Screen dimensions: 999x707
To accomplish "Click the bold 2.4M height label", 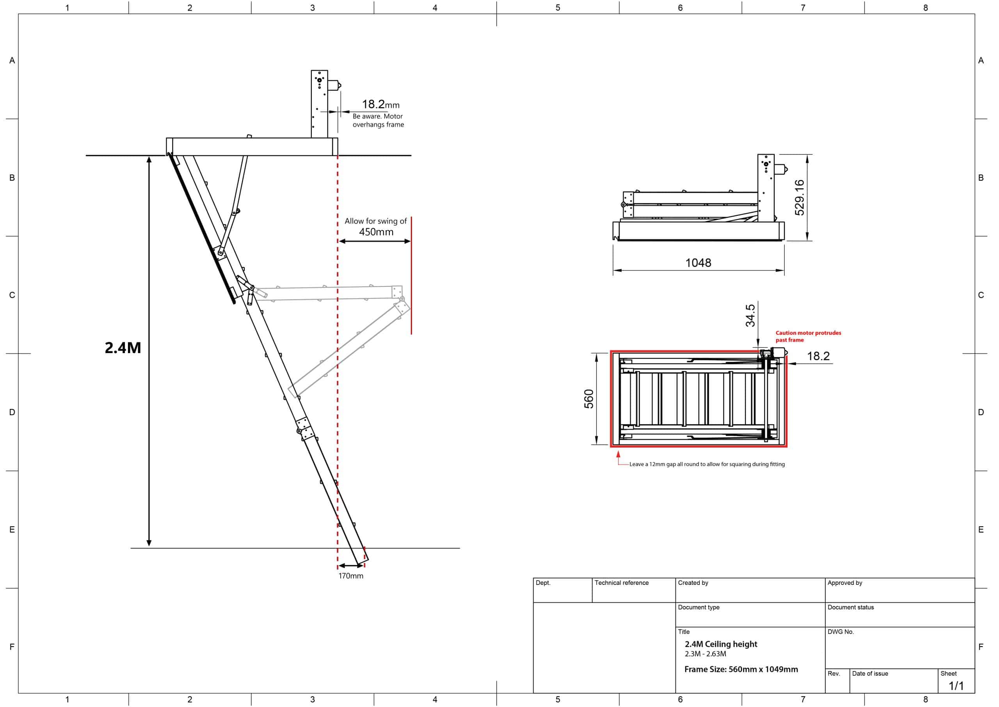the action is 123,348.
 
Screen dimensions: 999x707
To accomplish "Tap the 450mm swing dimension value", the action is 376,232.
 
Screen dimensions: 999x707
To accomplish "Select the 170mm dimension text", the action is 351,576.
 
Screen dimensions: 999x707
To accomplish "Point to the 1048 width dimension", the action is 698,263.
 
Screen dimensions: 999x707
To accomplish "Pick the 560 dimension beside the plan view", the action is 588,399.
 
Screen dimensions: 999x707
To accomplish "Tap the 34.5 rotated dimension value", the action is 750,316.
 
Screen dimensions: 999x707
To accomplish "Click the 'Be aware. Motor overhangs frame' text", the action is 378,121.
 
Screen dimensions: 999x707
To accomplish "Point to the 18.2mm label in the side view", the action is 380,105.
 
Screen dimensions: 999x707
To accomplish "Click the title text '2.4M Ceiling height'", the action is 721,644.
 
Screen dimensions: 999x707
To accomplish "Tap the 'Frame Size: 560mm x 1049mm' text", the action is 741,670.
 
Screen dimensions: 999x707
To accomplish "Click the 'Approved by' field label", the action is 844,583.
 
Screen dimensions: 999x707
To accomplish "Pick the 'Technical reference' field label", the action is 622,583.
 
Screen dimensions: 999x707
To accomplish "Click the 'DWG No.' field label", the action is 841,632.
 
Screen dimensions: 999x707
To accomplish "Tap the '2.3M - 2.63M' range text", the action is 705,654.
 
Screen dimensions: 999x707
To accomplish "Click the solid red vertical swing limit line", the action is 411,275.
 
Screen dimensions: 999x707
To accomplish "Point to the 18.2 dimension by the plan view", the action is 818,356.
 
